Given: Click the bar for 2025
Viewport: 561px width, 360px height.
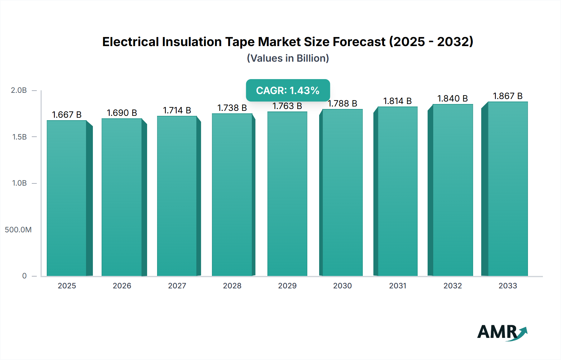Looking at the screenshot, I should click(x=67, y=198).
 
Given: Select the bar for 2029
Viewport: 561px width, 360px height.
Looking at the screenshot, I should click(x=287, y=194).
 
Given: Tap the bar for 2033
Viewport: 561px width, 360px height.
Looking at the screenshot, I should click(x=508, y=189).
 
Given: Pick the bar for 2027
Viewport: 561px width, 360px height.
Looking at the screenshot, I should click(x=177, y=196).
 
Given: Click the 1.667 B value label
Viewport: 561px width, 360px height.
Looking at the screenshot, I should click(x=67, y=115).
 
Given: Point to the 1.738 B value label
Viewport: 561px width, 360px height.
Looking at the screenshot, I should click(x=232, y=108).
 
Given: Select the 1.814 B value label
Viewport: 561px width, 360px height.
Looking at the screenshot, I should click(x=397, y=101).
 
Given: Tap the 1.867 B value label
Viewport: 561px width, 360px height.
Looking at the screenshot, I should click(x=508, y=96).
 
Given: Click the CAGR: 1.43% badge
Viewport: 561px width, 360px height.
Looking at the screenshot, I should click(x=288, y=90).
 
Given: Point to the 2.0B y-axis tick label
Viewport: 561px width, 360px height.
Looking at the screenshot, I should click(x=19, y=90).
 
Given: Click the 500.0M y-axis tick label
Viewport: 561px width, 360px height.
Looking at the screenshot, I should click(x=18, y=230).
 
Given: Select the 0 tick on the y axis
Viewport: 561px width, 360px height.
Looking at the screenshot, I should click(x=24, y=276).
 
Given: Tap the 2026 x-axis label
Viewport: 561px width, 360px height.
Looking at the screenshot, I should click(x=122, y=286).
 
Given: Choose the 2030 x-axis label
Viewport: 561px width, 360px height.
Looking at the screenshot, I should click(x=342, y=286).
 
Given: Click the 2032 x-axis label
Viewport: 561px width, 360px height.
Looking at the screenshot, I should click(x=453, y=286).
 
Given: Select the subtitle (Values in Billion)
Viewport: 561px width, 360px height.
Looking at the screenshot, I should click(x=288, y=58).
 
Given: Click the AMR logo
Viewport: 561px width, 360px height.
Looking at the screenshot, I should click(x=502, y=332).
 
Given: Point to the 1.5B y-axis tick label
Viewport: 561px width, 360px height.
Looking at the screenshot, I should click(x=19, y=137).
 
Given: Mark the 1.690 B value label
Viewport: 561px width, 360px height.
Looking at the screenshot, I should click(x=122, y=113).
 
